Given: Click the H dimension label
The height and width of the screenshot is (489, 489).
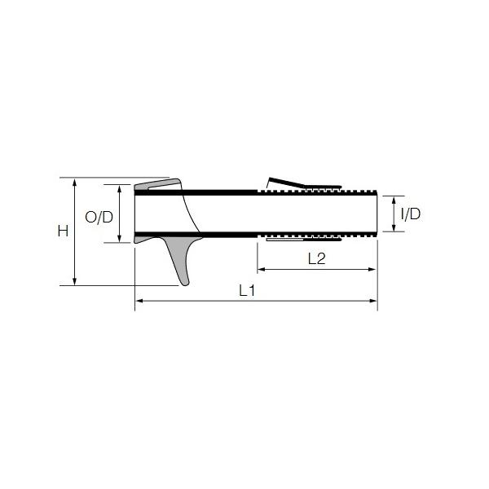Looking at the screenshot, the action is click(x=63, y=231).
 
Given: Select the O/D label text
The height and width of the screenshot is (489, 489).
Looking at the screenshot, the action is click(x=99, y=217).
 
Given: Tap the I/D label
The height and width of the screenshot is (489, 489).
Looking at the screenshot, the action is click(x=411, y=214).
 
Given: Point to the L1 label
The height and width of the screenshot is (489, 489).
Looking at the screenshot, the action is click(x=247, y=291).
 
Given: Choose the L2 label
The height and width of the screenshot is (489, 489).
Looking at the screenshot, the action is click(x=316, y=259).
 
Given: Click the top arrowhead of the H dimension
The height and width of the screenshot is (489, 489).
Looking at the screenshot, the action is click(x=74, y=182).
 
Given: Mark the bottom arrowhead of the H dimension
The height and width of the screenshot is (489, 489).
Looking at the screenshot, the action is click(x=74, y=281).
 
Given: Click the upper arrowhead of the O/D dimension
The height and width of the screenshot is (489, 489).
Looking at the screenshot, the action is click(x=120, y=189).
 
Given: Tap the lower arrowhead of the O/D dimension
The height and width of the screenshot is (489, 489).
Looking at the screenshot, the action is click(x=120, y=238).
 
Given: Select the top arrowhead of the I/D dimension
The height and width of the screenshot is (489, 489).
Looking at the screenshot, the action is click(x=394, y=200).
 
